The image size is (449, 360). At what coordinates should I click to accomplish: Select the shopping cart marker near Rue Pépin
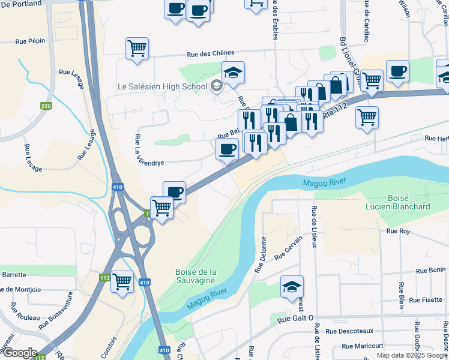[x=137, y=49]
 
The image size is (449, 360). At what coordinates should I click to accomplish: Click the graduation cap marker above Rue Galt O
[x=292, y=287]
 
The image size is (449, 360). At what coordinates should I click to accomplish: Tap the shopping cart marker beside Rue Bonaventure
[x=122, y=281]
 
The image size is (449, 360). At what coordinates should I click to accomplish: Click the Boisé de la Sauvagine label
[x=195, y=277]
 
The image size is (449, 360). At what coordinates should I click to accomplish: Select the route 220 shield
[x=46, y=106]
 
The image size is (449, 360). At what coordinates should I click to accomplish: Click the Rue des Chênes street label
[x=210, y=54]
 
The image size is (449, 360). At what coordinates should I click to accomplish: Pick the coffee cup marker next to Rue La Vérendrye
[x=226, y=149]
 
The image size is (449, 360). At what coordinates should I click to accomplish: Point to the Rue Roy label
[x=398, y=231]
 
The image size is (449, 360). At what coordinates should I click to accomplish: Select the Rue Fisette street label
[x=426, y=299]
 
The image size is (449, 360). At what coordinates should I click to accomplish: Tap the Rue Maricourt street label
[x=362, y=346]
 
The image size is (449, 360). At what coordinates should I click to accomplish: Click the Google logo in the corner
[x=19, y=353]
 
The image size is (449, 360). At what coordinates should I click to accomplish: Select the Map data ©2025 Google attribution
[x=412, y=355]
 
